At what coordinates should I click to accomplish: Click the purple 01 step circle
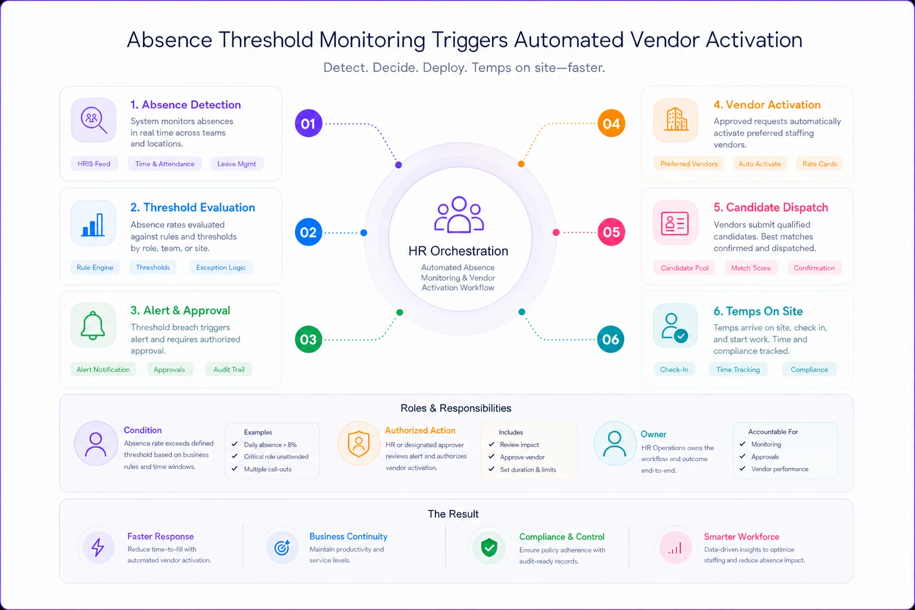pyautogui.click(x=309, y=123)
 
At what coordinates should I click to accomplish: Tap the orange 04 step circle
pyautogui.click(x=611, y=123)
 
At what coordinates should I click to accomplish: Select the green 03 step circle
pyautogui.click(x=309, y=339)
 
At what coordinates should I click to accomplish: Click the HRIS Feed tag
pyautogui.click(x=94, y=164)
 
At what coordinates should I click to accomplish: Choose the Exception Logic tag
pyautogui.click(x=220, y=267)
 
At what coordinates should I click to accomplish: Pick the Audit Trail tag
pyautogui.click(x=229, y=370)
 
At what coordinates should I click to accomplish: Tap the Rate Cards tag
pyautogui.click(x=820, y=164)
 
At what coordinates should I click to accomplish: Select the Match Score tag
pyautogui.click(x=751, y=268)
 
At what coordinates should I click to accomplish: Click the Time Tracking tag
pyautogui.click(x=738, y=370)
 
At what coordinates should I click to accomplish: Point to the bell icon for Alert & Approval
pyautogui.click(x=93, y=325)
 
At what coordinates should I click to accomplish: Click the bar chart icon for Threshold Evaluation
pyautogui.click(x=93, y=225)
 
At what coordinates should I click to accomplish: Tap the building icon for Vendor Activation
pyautogui.click(x=676, y=119)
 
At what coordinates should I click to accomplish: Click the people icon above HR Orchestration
pyautogui.click(x=459, y=214)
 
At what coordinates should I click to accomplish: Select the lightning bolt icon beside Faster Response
pyautogui.click(x=98, y=547)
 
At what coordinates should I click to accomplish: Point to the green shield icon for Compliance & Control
pyautogui.click(x=489, y=547)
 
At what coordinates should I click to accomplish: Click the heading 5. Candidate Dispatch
pyautogui.click(x=771, y=207)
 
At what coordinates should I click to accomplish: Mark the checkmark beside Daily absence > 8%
pyautogui.click(x=235, y=444)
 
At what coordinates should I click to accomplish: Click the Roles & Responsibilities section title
pyautogui.click(x=456, y=408)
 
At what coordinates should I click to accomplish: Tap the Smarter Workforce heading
pyautogui.click(x=742, y=537)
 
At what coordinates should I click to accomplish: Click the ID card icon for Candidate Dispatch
pyautogui.click(x=675, y=223)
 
